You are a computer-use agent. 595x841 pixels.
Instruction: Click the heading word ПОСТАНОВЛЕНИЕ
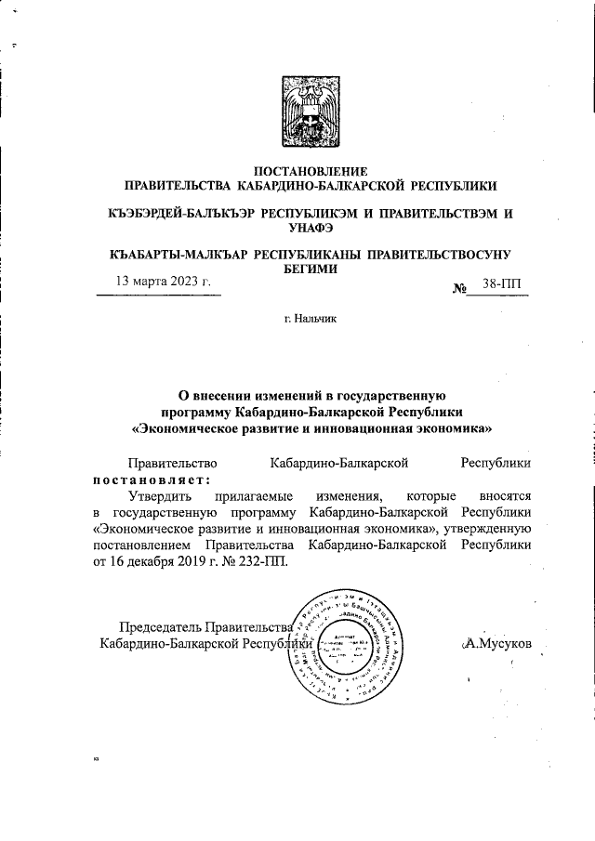(311, 171)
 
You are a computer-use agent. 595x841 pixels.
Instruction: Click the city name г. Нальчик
(311, 319)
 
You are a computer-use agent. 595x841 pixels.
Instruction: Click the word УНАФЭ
(311, 228)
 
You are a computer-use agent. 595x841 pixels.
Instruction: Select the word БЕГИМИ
(311, 268)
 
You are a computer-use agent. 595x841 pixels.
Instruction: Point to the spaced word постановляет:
(152, 480)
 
